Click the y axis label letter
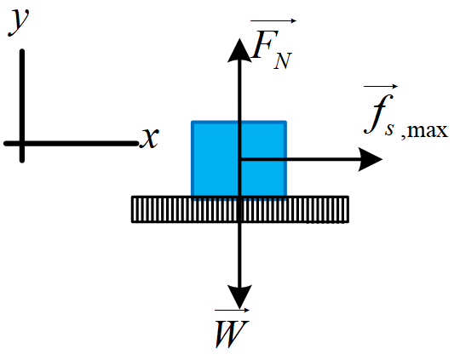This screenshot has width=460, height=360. (x=18, y=23)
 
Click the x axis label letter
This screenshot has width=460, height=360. (x=150, y=138)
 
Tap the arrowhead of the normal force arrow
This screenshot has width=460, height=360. (x=239, y=50)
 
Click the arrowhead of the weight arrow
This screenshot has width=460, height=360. (x=239, y=297)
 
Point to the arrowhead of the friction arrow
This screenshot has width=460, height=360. (x=371, y=159)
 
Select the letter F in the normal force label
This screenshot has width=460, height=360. (x=266, y=44)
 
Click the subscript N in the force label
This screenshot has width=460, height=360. (x=283, y=61)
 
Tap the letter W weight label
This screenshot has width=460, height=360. (x=232, y=334)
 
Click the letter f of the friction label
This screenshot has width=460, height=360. (x=378, y=114)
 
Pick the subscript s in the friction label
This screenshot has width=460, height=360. (x=389, y=129)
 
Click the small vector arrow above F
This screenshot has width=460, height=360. (x=273, y=20)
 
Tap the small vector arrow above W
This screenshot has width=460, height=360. (x=232, y=310)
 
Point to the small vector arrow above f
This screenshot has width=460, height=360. (x=381, y=86)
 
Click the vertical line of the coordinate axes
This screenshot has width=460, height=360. (x=22, y=106)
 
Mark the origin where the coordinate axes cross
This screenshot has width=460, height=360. (x=22, y=143)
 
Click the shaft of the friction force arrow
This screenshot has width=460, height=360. (x=300, y=159)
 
